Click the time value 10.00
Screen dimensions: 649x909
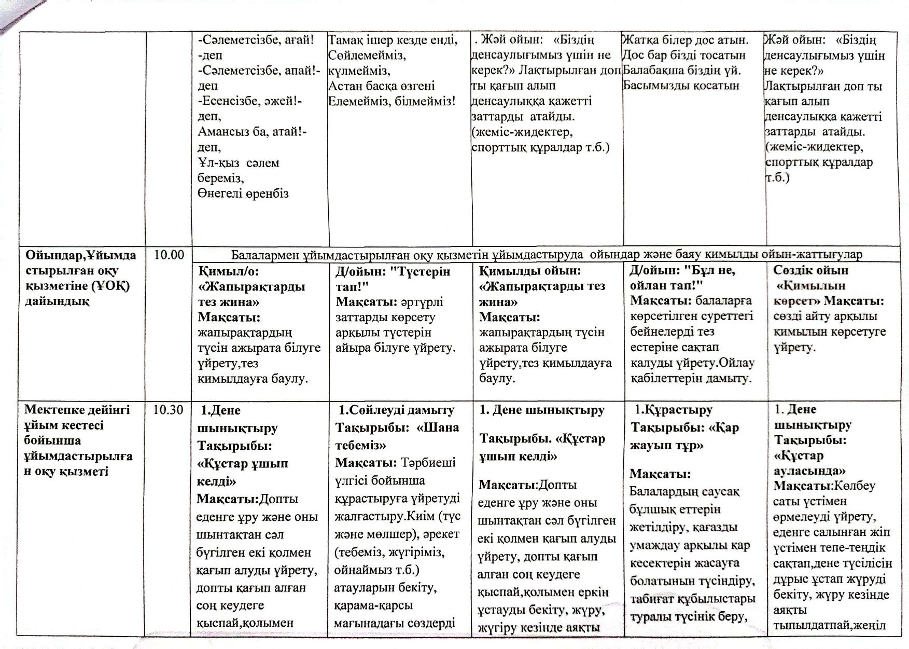click(x=169, y=255)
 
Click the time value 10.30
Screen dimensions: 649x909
click(x=169, y=410)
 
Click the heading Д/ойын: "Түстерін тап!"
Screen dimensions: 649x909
click(x=393, y=279)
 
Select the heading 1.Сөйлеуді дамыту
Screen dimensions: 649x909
click(x=397, y=410)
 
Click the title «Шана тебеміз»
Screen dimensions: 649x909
click(x=397, y=436)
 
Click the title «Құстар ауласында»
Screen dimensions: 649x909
click(x=809, y=463)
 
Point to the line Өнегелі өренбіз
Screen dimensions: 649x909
click(x=243, y=194)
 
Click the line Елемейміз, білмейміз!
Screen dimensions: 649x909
click(x=392, y=101)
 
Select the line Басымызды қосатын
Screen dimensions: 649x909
click(x=681, y=86)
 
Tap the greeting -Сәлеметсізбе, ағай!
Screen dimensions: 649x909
click(x=256, y=39)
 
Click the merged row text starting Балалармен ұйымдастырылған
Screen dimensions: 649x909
click(x=547, y=255)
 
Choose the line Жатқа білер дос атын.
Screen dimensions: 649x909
click(x=686, y=39)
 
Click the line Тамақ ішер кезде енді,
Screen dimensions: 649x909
click(x=393, y=39)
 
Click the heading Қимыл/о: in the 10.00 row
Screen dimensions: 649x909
click(x=228, y=271)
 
